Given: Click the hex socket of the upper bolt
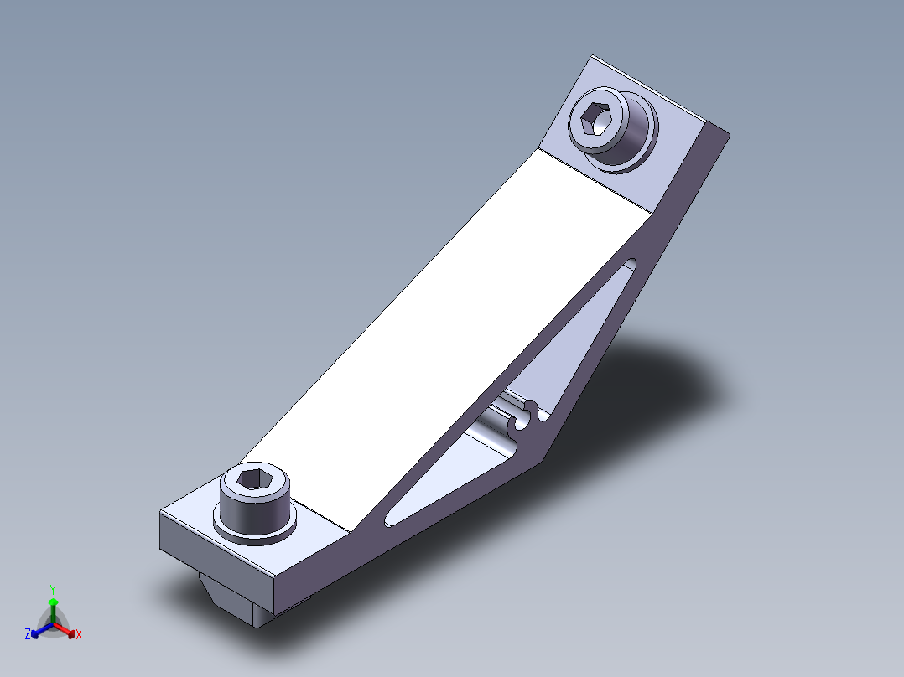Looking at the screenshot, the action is coord(595,119).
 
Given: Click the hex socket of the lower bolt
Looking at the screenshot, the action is coord(253,479).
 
